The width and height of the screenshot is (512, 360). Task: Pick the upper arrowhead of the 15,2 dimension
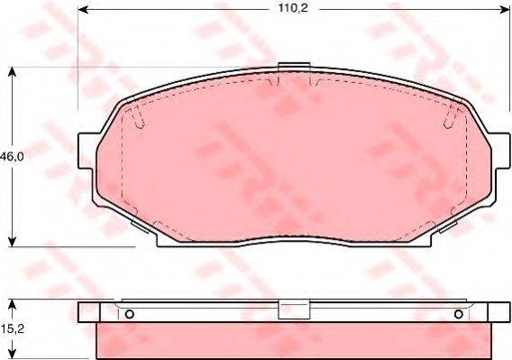[10, 302]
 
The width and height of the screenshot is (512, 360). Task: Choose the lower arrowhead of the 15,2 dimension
[10, 355]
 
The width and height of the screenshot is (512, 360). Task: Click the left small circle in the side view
[129, 314]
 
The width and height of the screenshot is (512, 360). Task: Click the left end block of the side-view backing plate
[88, 311]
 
